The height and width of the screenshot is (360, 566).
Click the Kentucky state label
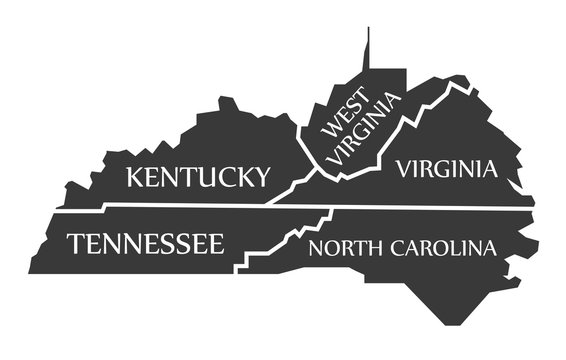click(x=198, y=178)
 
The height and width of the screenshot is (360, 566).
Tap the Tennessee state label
click(x=146, y=243)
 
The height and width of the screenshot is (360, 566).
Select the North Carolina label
click(x=402, y=247)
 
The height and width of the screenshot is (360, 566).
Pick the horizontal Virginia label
click(x=446, y=168)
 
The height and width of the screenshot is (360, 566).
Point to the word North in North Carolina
click(x=339, y=247)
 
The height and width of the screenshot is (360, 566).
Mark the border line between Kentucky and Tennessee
click(x=180, y=206)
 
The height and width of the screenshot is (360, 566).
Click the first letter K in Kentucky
click(x=133, y=178)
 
